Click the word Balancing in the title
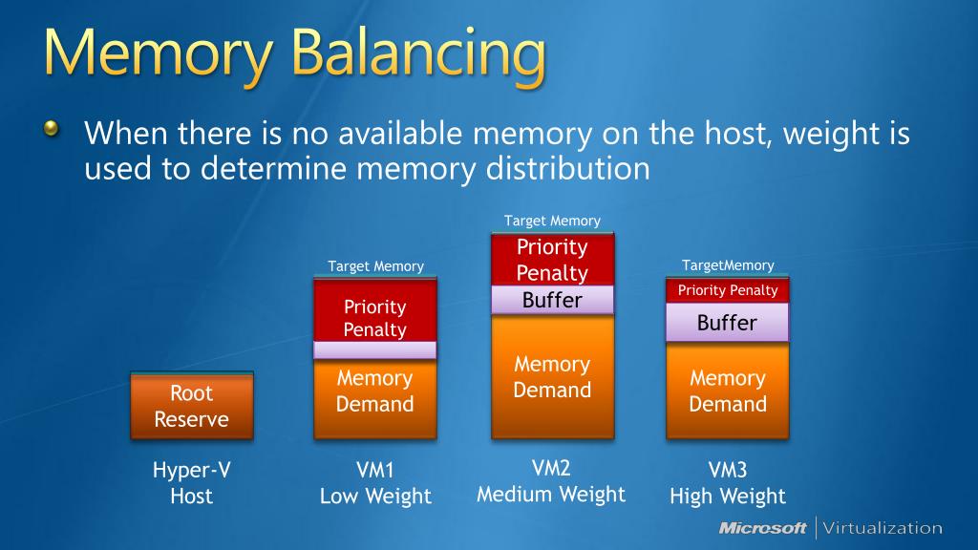419,54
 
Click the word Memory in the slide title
153,54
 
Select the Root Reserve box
191,406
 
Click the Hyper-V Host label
191,483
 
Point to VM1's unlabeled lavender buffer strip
375,350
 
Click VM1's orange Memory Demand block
375,397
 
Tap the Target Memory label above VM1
375,266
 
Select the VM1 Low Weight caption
375,483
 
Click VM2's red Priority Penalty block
552,259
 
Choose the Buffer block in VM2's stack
552,301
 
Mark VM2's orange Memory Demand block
552,377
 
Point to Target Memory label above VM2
552,221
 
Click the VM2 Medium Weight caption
552,481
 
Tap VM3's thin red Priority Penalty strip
728,290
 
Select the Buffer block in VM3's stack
728,323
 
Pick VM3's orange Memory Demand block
728,391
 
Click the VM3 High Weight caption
728,483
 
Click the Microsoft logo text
762,528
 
